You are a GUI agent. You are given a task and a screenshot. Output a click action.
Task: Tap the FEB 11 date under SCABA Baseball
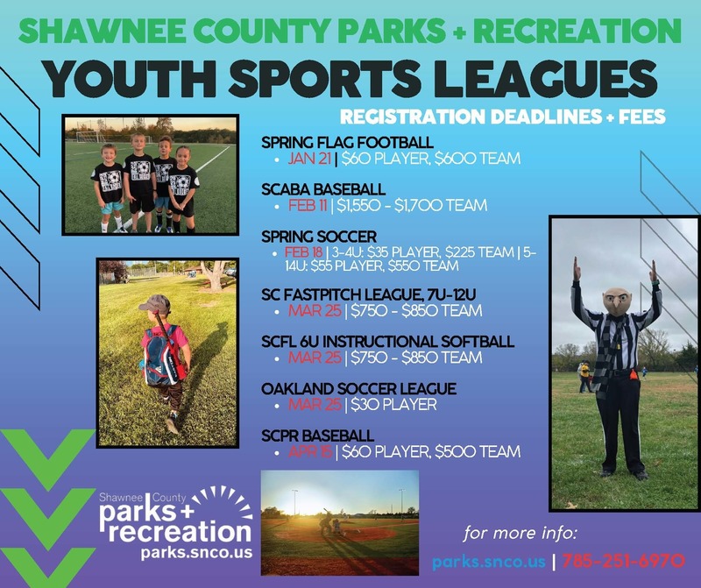pyautogui.click(x=303, y=206)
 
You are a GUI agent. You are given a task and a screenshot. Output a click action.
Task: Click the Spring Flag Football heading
pyautogui.click(x=348, y=143)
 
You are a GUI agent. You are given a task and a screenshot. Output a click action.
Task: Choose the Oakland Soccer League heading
pyautogui.click(x=359, y=388)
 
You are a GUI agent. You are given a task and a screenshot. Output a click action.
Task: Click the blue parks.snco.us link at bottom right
pyautogui.click(x=489, y=560)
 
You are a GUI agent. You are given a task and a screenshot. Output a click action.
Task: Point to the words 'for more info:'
pyautogui.click(x=520, y=531)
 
